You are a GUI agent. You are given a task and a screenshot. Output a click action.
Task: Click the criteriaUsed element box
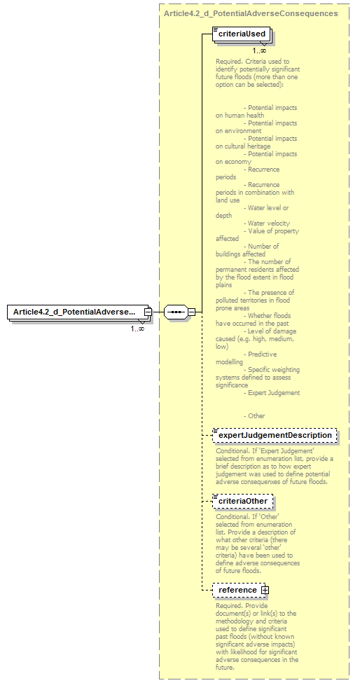pyautogui.click(x=242, y=34)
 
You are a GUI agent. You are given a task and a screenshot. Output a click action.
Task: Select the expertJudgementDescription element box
pyautogui.click(x=275, y=435)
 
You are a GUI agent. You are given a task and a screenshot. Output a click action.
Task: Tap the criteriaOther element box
pyautogui.click(x=243, y=502)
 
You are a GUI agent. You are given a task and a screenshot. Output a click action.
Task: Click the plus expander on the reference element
pyautogui.click(x=265, y=590)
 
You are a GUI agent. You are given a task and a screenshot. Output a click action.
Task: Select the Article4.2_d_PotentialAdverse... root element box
pyautogui.click(x=75, y=312)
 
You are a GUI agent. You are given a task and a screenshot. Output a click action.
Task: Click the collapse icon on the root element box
pyautogui.click(x=148, y=312)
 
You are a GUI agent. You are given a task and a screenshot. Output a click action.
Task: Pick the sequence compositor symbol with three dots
pyautogui.click(x=175, y=312)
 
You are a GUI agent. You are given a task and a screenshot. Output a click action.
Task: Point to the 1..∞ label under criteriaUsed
pyautogui.click(x=259, y=50)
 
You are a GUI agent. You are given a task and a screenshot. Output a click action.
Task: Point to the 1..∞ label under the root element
pyautogui.click(x=137, y=328)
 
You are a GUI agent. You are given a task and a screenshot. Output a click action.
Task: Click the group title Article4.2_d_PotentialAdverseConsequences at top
pyautogui.click(x=251, y=13)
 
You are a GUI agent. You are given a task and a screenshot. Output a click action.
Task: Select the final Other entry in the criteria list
pyautogui.click(x=256, y=415)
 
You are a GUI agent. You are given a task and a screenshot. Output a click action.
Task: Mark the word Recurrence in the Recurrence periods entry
pyautogui.click(x=263, y=169)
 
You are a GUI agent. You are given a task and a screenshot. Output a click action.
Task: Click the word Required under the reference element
pyautogui.click(x=229, y=605)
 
